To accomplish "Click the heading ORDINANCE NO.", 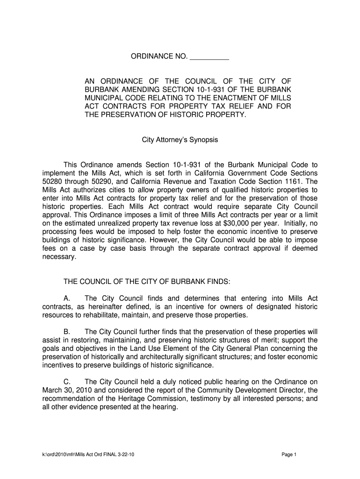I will point(158,57).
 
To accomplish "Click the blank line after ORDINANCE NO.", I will point(209,58).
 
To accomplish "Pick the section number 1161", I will point(290,181).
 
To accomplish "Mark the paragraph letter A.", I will point(66,298).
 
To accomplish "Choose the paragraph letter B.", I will point(66,332).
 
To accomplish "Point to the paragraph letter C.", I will point(66,382).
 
